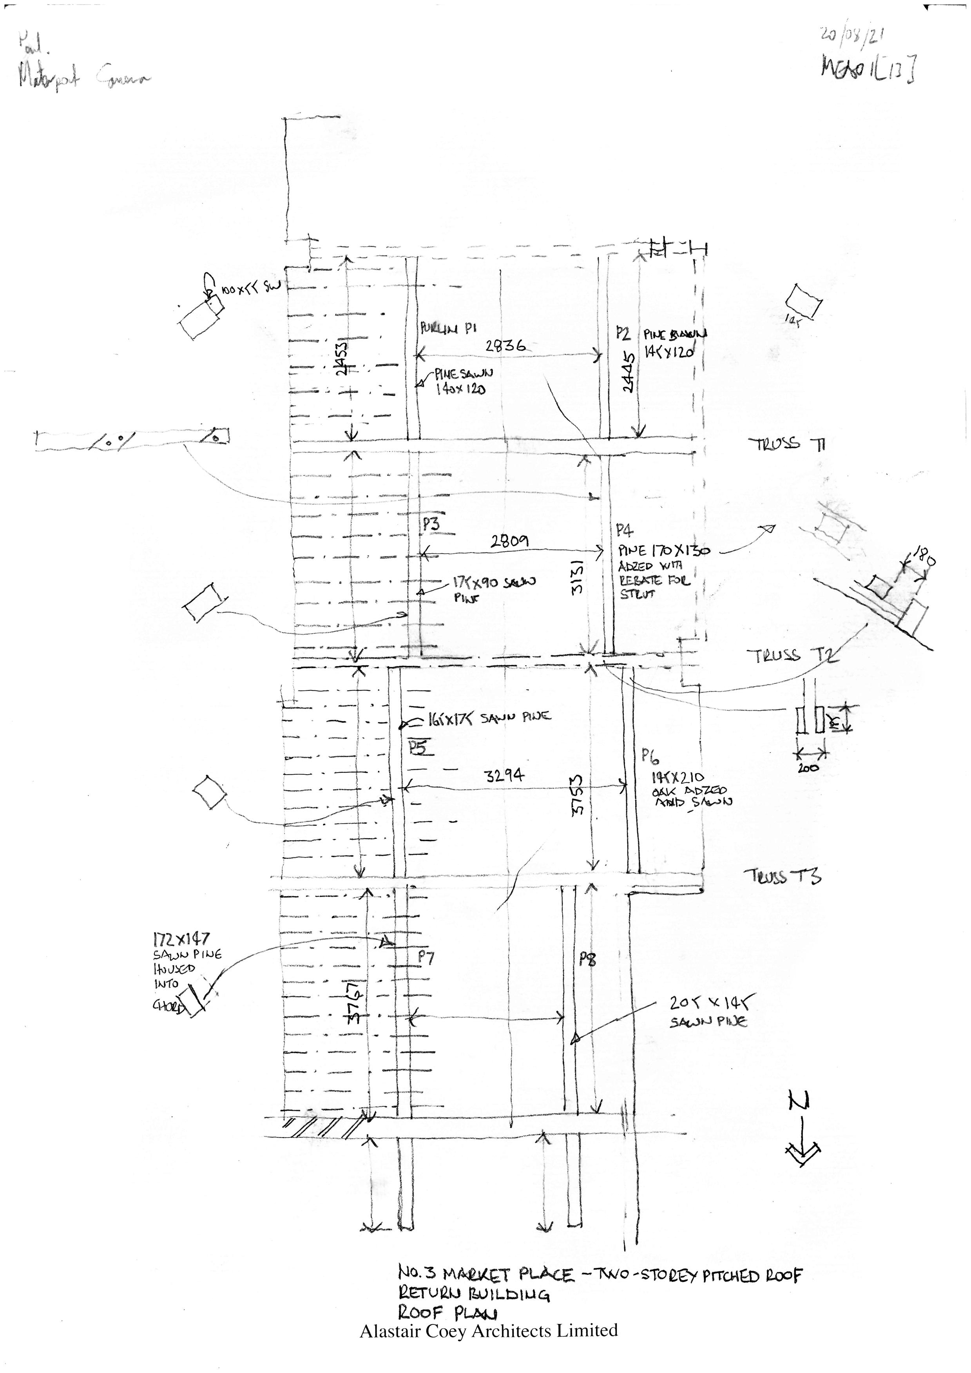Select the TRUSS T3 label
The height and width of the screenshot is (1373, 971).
tap(782, 876)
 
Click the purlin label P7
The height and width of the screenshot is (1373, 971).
tap(426, 957)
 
